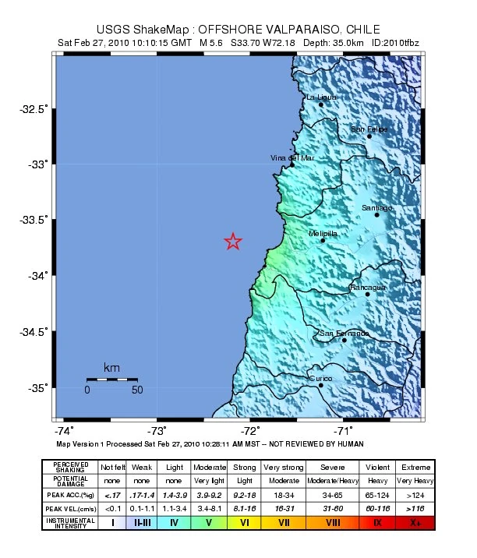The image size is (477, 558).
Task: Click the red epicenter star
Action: click(233, 242)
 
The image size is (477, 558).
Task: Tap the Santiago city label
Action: click(377, 208)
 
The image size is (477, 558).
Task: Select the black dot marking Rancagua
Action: click(368, 294)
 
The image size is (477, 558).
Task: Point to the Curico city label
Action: click(321, 379)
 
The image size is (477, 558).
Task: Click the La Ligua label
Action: click(321, 97)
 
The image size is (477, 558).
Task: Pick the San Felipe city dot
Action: click(369, 136)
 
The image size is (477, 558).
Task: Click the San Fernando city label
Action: click(344, 334)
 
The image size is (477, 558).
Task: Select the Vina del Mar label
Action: click(292, 157)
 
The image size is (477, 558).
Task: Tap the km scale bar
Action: click(111, 379)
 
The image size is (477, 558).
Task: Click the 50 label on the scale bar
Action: click(137, 390)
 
